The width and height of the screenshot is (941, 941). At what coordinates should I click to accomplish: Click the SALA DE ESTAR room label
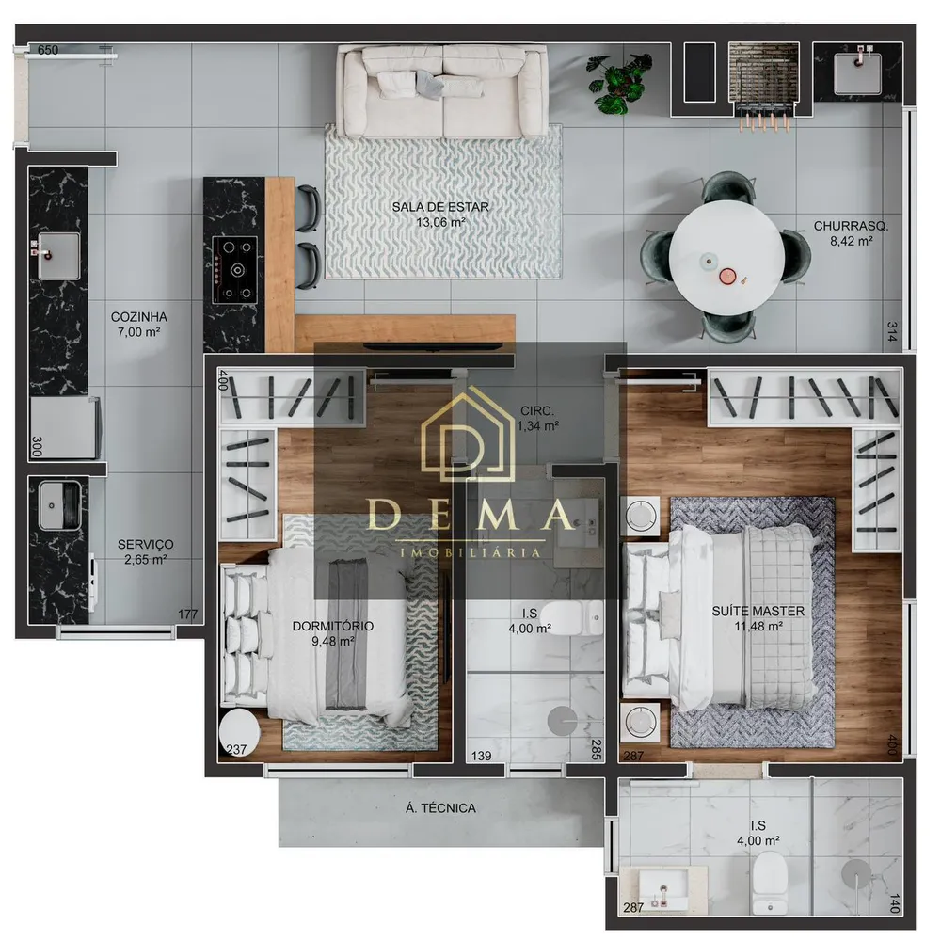pyautogui.click(x=440, y=215)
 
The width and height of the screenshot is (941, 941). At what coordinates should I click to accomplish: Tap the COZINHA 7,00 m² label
pyautogui.click(x=138, y=324)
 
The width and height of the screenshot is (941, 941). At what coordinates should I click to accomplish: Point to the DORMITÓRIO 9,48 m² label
pyautogui.click(x=332, y=633)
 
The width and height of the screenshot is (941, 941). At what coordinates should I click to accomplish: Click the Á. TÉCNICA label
pyautogui.click(x=440, y=808)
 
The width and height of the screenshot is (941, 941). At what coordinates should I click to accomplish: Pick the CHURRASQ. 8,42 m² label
pyautogui.click(x=851, y=233)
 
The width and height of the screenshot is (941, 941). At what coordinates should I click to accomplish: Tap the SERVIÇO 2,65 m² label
pyautogui.click(x=145, y=552)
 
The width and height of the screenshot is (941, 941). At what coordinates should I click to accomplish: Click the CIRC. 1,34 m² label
pyautogui.click(x=537, y=419)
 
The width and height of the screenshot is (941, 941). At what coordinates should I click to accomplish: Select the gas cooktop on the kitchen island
pyautogui.click(x=235, y=269)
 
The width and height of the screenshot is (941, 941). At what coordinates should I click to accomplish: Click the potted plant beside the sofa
pyautogui.click(x=618, y=82)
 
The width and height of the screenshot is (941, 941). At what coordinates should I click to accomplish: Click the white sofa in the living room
pyautogui.click(x=442, y=91)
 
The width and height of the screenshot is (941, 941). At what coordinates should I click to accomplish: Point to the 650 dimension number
pyautogui.click(x=48, y=50)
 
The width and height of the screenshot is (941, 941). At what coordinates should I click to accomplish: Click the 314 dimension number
pyautogui.click(x=892, y=332)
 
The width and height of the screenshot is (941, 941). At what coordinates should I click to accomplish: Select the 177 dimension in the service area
pyautogui.click(x=187, y=614)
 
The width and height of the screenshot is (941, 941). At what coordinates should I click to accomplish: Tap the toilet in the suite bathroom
pyautogui.click(x=770, y=881)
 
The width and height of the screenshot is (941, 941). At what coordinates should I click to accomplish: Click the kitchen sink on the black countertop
pyautogui.click(x=57, y=256)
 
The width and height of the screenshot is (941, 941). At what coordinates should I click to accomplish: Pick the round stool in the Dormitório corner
pyautogui.click(x=239, y=731)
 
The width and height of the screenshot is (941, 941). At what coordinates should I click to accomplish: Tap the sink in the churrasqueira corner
pyautogui.click(x=857, y=72)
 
